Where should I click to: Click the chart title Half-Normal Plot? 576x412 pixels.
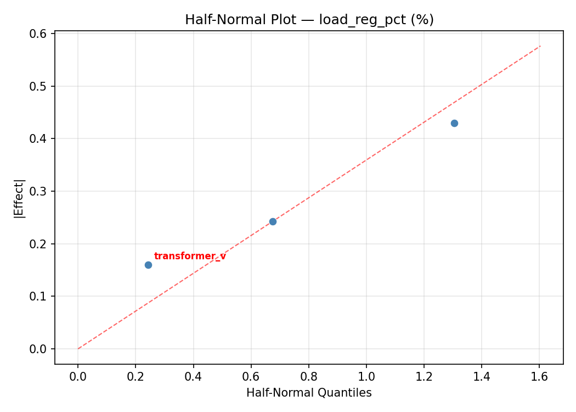(x=309, y=20)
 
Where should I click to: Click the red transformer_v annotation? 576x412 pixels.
(x=190, y=257)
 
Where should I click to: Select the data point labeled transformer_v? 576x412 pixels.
(x=148, y=265)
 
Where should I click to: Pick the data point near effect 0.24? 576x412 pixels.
(x=273, y=221)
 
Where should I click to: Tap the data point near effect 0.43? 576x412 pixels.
(x=454, y=123)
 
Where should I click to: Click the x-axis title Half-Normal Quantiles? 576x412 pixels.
(x=309, y=393)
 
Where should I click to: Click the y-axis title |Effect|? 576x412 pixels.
(x=20, y=198)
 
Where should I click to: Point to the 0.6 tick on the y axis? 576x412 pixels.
(x=41, y=34)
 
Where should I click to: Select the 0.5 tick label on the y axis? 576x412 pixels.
(x=41, y=86)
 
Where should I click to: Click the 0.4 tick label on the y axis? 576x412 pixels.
(x=41, y=138)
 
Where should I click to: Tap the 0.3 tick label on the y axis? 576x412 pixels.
(x=41, y=191)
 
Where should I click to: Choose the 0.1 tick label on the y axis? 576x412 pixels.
(x=41, y=296)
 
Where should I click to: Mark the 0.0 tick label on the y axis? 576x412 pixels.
(x=41, y=349)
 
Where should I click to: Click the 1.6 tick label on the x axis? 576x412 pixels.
(x=539, y=376)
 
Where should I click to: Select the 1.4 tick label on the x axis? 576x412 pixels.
(x=482, y=376)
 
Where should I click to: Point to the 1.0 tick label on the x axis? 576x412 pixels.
(x=366, y=376)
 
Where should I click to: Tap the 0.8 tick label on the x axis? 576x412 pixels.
(x=308, y=376)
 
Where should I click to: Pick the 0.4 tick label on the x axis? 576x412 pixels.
(x=193, y=376)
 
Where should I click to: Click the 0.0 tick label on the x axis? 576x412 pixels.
(x=78, y=376)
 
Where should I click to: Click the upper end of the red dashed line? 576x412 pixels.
(x=540, y=46)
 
